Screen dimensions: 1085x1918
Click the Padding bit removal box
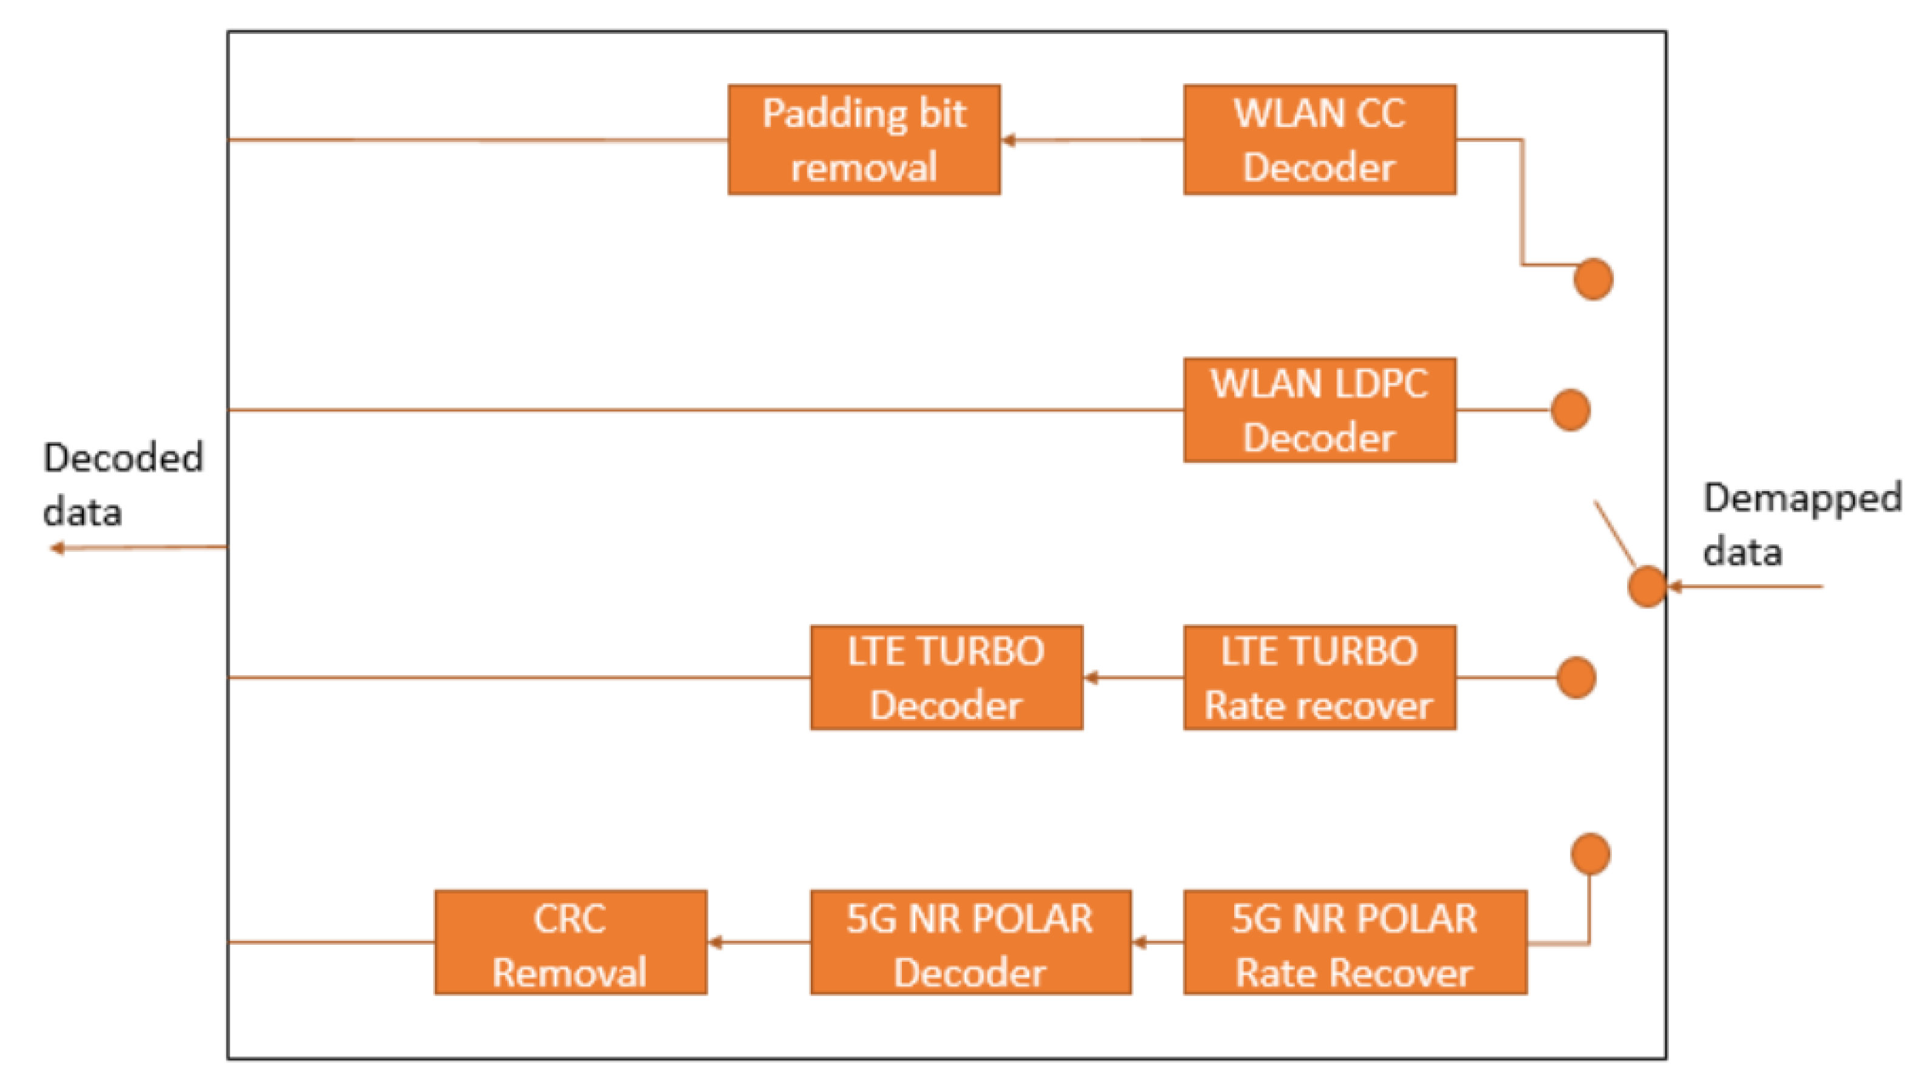[x=864, y=140]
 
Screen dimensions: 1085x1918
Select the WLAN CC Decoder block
[x=1319, y=140]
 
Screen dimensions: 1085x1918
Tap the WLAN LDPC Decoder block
[x=1319, y=410]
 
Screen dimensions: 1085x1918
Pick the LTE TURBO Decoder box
[x=946, y=678]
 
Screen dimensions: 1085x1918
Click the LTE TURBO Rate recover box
[x=1319, y=678]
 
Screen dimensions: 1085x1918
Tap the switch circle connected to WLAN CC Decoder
[x=1594, y=279]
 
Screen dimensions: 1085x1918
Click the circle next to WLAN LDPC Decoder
[x=1571, y=410]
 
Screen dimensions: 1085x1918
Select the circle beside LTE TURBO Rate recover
[x=1576, y=678]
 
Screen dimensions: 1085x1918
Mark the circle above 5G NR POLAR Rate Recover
[x=1590, y=854]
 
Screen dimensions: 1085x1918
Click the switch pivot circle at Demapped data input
[x=1647, y=587]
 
